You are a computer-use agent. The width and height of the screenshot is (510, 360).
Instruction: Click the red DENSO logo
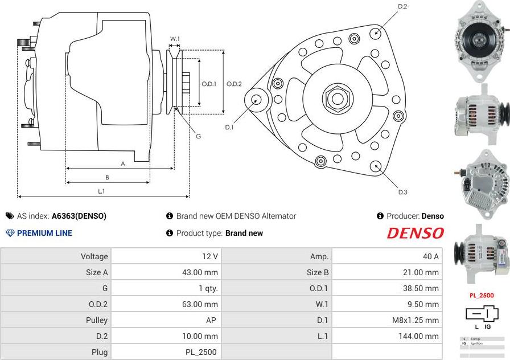coord(415,233)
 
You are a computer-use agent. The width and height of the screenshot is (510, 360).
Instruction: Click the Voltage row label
coord(94,256)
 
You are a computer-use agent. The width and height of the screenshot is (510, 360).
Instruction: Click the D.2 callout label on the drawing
coord(402,6)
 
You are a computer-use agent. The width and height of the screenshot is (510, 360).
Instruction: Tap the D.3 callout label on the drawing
coord(402,192)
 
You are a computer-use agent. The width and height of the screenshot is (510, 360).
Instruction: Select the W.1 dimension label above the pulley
coord(175,39)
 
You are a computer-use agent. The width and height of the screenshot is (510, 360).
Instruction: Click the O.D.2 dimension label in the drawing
coord(234,84)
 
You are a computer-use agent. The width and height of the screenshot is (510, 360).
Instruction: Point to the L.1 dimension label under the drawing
coord(101,192)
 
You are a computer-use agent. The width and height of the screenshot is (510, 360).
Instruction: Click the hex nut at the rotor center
coord(336,98)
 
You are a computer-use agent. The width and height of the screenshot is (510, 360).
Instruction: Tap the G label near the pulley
coord(198,136)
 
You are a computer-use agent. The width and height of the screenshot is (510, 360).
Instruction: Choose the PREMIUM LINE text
coord(44,233)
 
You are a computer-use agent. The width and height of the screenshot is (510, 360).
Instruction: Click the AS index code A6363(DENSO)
coord(79,216)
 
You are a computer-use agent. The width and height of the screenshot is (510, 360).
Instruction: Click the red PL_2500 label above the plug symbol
coord(482,296)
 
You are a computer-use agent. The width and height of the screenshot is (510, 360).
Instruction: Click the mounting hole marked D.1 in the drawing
coord(256,99)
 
